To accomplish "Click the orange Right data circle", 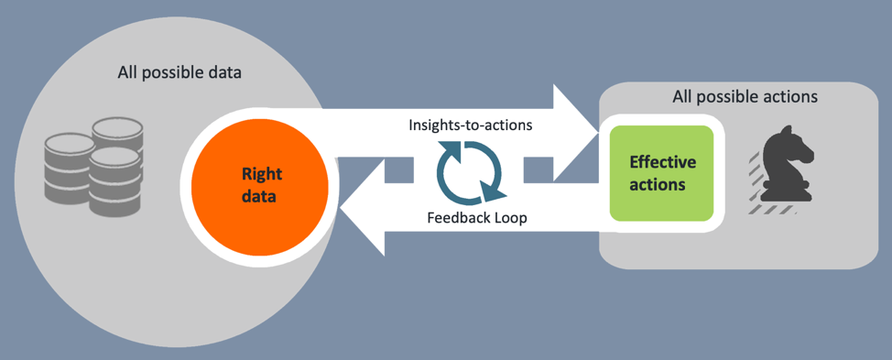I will click(259, 182).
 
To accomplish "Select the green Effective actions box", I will click(661, 173).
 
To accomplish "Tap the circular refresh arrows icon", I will click(470, 171).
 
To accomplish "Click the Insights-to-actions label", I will click(470, 125).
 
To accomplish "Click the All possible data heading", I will click(179, 72).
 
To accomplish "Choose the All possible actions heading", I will click(745, 96).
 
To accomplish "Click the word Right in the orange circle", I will click(261, 172).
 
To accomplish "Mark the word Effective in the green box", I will click(662, 162).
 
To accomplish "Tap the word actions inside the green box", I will click(661, 184).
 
